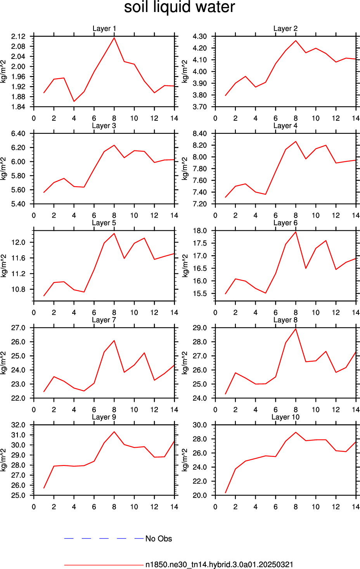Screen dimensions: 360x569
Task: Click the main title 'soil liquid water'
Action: (x=179, y=7)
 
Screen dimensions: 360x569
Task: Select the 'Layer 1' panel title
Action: (x=104, y=28)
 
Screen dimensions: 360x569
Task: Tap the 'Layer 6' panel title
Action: (x=285, y=223)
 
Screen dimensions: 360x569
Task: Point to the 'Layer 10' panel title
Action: (x=285, y=417)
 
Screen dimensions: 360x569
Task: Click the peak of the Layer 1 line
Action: (x=114, y=38)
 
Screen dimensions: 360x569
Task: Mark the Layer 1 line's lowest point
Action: (x=74, y=101)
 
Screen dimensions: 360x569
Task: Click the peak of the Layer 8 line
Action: (x=296, y=329)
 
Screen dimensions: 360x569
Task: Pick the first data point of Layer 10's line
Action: (x=225, y=493)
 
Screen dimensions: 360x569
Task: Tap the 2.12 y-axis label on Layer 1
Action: (x=18, y=36)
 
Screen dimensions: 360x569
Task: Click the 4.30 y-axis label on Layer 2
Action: (x=200, y=36)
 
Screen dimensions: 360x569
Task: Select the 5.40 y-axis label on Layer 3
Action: (x=18, y=204)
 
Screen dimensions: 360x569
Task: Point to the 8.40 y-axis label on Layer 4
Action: (x=200, y=133)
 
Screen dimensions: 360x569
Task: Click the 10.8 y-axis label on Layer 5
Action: (x=18, y=289)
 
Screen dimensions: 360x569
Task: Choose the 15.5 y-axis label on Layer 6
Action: (x=200, y=294)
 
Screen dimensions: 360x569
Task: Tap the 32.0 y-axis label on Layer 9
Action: (x=18, y=425)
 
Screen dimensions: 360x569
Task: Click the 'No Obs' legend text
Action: (x=159, y=539)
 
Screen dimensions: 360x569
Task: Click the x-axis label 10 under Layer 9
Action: (x=134, y=507)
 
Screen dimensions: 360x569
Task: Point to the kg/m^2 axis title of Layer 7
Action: (x=3, y=363)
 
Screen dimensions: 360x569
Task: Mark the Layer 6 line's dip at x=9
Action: (x=306, y=268)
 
